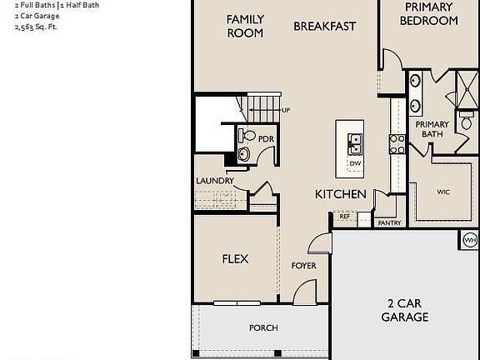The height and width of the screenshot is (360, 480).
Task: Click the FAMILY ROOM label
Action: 245,26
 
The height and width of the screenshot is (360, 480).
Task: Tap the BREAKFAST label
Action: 324,26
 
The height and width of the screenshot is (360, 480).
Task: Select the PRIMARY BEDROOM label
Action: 428,13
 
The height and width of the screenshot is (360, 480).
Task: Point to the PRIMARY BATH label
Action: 432,129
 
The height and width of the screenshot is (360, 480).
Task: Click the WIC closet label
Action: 443,192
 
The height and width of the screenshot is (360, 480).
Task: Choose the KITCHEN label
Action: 340,194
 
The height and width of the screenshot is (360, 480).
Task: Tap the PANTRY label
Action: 389,223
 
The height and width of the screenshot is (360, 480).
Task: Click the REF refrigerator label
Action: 345,217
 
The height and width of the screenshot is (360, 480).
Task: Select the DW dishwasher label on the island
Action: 355,163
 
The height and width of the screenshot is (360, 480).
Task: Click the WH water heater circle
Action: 468,240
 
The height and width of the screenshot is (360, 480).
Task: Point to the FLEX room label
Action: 235,259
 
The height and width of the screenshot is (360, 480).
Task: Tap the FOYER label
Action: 303,266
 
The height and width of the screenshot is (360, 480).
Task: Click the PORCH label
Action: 263,328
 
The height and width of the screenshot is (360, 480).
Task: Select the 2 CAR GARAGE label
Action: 405,309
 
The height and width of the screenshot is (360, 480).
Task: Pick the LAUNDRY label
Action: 215,181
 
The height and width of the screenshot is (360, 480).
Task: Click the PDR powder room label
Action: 266,139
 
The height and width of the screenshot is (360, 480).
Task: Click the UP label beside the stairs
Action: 286,111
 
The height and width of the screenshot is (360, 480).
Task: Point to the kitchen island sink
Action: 355,144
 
